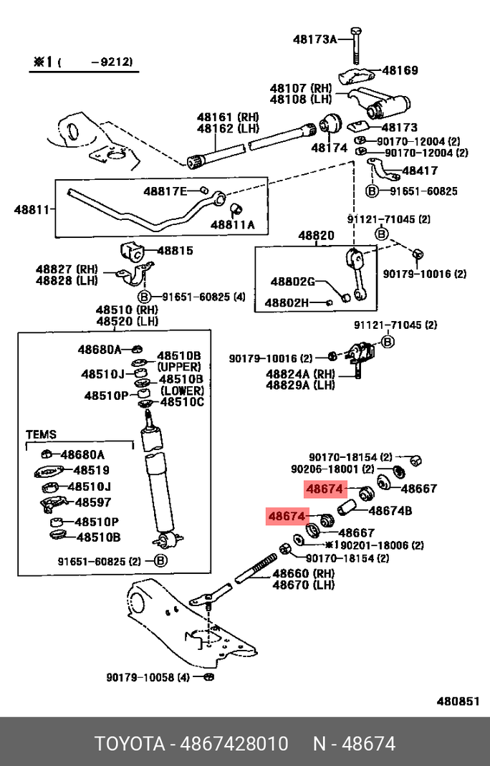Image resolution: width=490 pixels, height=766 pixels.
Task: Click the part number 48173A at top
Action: (x=314, y=39)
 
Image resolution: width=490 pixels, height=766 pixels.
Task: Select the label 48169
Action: (x=400, y=70)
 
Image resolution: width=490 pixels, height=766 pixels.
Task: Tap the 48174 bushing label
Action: (x=329, y=148)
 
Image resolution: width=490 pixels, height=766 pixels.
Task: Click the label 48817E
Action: (x=165, y=191)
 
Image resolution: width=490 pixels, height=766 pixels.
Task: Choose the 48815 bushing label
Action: (x=175, y=251)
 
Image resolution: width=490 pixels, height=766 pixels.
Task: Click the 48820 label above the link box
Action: (x=316, y=235)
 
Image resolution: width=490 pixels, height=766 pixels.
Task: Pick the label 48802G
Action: (x=292, y=282)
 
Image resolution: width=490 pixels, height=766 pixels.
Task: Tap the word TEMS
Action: (x=41, y=434)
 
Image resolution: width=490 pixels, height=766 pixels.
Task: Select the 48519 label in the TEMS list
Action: (x=91, y=470)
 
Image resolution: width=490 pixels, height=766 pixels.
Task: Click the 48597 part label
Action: (x=92, y=502)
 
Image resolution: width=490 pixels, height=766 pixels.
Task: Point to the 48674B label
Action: (x=390, y=511)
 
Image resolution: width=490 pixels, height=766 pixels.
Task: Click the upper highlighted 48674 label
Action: (x=326, y=490)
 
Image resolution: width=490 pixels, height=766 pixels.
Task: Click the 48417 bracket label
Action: (x=420, y=171)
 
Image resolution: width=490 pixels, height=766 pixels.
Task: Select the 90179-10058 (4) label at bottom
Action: (x=148, y=677)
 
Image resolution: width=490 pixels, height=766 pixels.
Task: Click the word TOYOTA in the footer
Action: (x=129, y=743)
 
